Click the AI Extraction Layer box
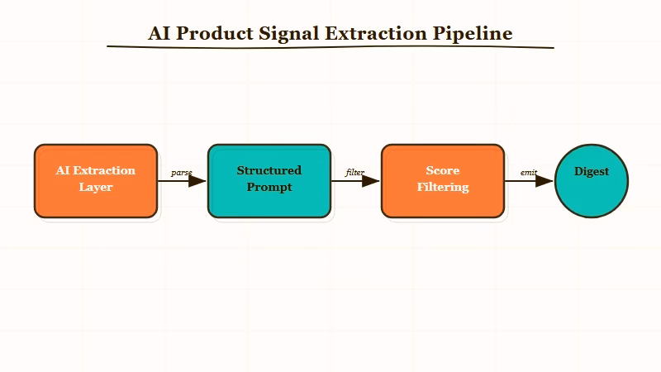pyautogui.click(x=95, y=181)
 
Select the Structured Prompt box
pyautogui.click(x=269, y=181)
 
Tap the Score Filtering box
pyautogui.click(x=442, y=181)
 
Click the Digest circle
pyautogui.click(x=592, y=181)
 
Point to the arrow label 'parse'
pyautogui.click(x=182, y=173)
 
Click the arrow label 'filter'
pyautogui.click(x=354, y=173)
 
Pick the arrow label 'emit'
pyautogui.click(x=529, y=173)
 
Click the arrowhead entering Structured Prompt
pyautogui.click(x=198, y=181)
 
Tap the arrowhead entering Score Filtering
pyautogui.click(x=372, y=181)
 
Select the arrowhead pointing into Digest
pyautogui.click(x=545, y=181)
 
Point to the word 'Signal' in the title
pyautogui.click(x=289, y=34)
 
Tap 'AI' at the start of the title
pyautogui.click(x=159, y=34)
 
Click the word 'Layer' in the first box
pyautogui.click(x=95, y=188)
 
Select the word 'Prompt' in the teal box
pyautogui.click(x=269, y=188)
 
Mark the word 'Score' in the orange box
pyautogui.click(x=442, y=171)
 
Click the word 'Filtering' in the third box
pyautogui.click(x=442, y=188)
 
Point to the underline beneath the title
pyautogui.click(x=330, y=48)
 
